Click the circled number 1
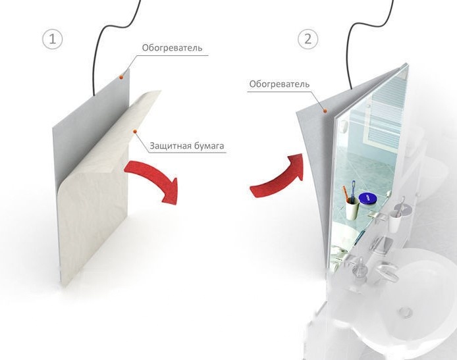[x=53, y=39]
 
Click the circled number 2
[x=308, y=39]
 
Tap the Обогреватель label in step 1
[x=172, y=48]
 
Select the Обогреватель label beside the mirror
[x=279, y=84]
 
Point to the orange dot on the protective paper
[x=134, y=132]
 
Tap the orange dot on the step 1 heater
[x=121, y=77]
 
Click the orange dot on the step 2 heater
[x=325, y=111]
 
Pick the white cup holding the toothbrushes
[x=352, y=208]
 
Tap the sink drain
[x=406, y=312]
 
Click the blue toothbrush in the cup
[x=353, y=192]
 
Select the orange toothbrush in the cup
[x=346, y=193]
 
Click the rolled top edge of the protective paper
[x=145, y=102]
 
